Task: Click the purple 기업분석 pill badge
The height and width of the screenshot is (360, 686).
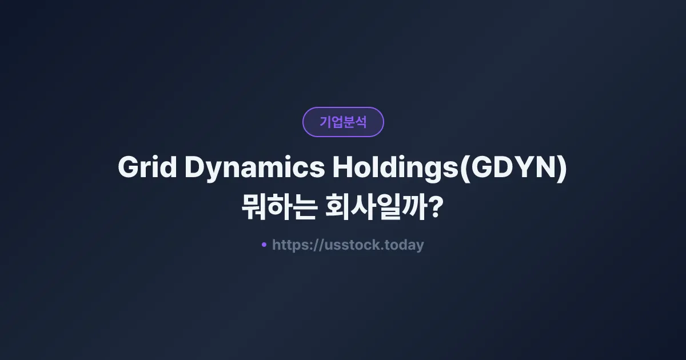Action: (343, 122)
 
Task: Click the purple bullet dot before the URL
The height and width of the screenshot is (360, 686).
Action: (264, 245)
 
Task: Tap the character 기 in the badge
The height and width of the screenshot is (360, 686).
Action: (325, 122)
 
